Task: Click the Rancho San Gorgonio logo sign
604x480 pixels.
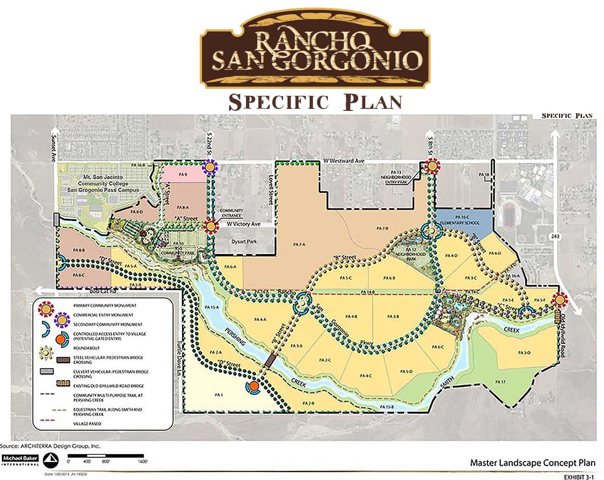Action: (315, 50)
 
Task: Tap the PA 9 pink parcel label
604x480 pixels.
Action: (183, 175)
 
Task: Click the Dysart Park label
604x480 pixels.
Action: (244, 242)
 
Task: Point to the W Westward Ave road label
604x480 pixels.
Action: (343, 161)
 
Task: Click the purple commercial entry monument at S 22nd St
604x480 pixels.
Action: (210, 166)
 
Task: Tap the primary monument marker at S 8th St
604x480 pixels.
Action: (432, 166)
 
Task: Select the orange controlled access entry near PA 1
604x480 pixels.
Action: (253, 386)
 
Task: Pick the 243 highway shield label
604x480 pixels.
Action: (556, 235)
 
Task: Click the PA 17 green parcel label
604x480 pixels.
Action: (500, 382)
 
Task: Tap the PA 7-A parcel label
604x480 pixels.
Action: (299, 245)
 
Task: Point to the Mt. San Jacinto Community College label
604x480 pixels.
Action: (103, 183)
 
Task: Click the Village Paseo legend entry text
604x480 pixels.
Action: (87, 424)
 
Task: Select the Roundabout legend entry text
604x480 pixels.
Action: (86, 348)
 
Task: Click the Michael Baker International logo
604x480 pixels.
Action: (20, 459)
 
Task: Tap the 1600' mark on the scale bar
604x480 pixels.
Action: (143, 461)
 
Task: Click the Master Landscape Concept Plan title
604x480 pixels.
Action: (532, 463)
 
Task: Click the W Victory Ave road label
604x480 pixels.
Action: (244, 224)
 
